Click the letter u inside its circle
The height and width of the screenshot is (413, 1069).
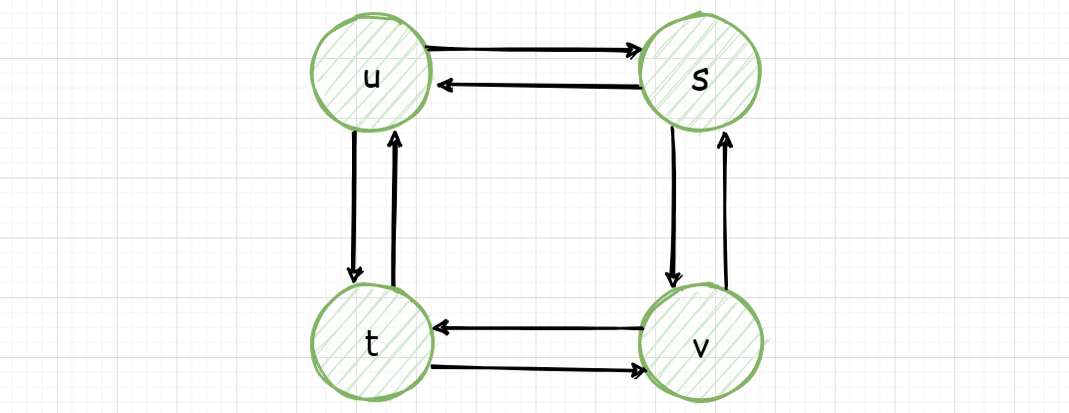(372, 79)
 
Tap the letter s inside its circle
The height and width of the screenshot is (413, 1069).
(700, 81)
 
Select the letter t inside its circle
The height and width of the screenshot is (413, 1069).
(371, 345)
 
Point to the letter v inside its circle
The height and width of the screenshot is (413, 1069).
(700, 347)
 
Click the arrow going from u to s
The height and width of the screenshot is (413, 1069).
(534, 49)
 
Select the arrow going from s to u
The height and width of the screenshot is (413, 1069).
(539, 86)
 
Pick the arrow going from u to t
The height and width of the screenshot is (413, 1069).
(354, 206)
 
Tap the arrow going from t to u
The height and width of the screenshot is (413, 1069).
(394, 207)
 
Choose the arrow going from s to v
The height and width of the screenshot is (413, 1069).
(673, 207)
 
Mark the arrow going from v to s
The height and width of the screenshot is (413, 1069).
(725, 210)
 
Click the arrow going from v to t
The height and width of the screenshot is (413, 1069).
(538, 328)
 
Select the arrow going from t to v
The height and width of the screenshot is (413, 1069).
(538, 369)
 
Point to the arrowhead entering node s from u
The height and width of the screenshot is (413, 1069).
(634, 51)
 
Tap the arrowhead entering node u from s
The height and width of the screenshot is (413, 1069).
(446, 85)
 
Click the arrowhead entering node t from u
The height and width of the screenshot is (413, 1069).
(355, 275)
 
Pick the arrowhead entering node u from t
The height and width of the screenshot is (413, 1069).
(394, 140)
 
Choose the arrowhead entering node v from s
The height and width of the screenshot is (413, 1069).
(673, 279)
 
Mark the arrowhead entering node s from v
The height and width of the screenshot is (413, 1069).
(725, 141)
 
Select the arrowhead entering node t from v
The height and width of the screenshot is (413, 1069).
(442, 328)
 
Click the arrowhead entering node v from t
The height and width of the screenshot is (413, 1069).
(639, 370)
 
